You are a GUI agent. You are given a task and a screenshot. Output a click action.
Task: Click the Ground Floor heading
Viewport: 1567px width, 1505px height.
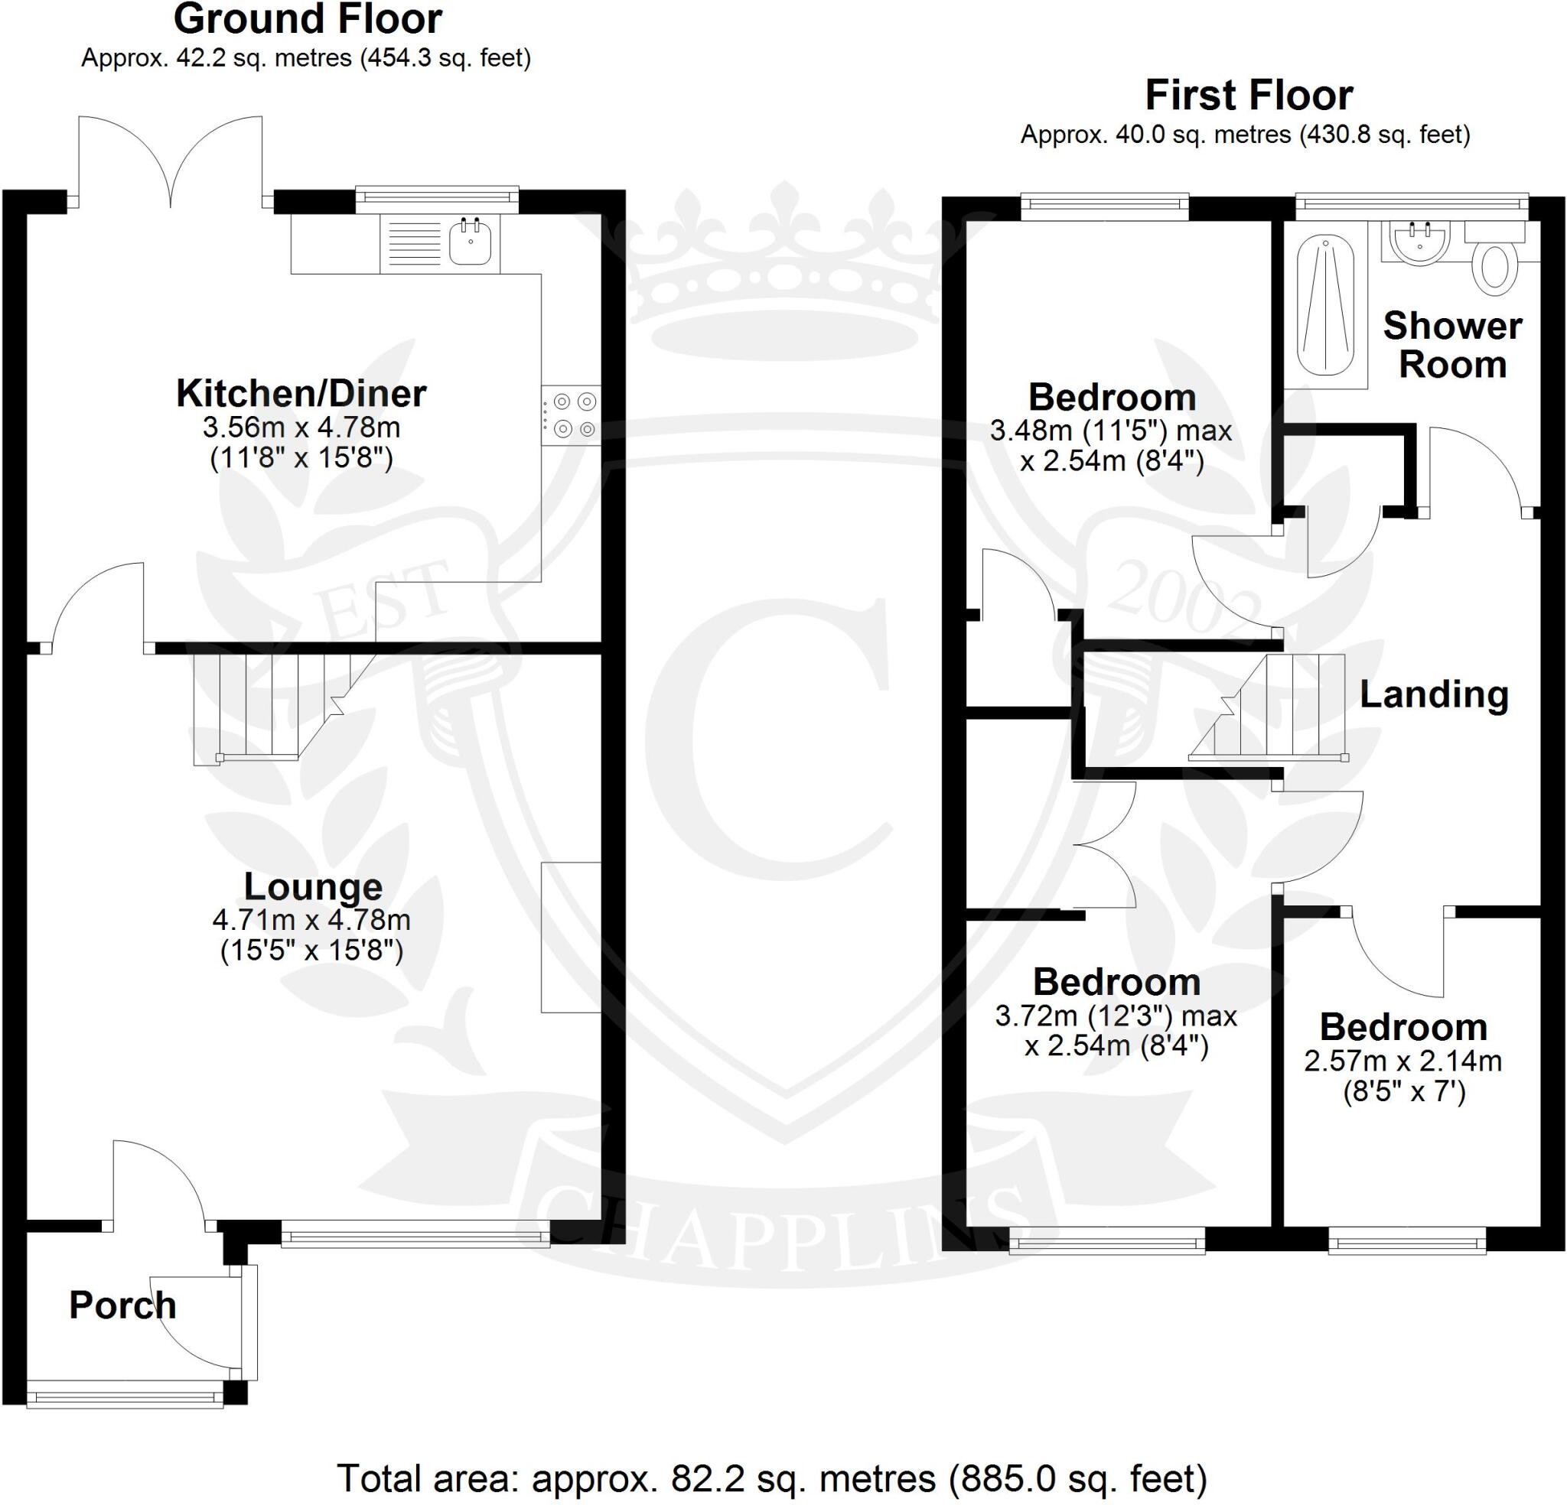[308, 20]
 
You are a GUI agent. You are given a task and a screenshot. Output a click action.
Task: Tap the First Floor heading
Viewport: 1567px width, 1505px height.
[1249, 96]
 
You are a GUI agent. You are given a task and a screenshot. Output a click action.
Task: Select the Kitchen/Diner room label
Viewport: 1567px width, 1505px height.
[301, 393]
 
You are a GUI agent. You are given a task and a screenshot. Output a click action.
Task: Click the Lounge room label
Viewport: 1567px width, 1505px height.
[313, 886]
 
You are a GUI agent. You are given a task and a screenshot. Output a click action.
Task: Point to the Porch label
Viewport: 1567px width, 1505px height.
[122, 1305]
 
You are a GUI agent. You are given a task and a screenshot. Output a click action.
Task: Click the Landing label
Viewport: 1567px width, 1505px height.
[1435, 694]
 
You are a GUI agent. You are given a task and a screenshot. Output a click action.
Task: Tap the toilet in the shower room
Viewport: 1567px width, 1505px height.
[1494, 267]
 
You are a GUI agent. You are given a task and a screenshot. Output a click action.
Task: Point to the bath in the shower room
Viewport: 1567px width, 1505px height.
[1324, 306]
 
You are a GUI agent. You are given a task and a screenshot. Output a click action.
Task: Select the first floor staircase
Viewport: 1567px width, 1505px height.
[1271, 707]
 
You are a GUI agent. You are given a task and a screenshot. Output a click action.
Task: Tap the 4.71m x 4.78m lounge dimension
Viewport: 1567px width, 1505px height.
[312, 920]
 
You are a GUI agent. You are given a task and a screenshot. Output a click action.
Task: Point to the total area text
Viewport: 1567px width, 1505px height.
[771, 1479]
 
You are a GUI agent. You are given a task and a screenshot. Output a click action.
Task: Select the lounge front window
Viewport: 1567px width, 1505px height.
[415, 1233]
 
